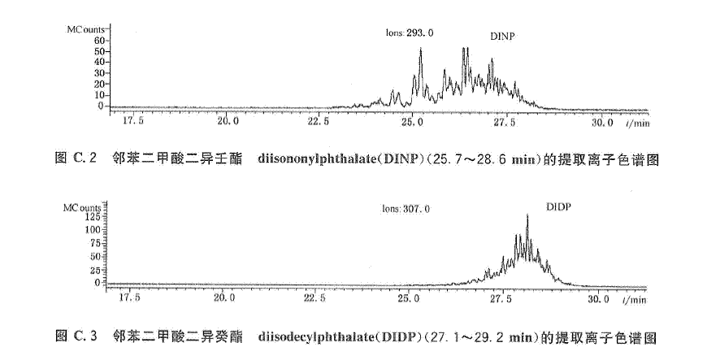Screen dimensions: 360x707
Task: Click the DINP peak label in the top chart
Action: click(504, 37)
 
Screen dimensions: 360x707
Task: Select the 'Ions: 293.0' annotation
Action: click(410, 33)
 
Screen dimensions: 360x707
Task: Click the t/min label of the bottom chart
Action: click(635, 299)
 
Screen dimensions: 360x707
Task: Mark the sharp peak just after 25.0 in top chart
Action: click(420, 50)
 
